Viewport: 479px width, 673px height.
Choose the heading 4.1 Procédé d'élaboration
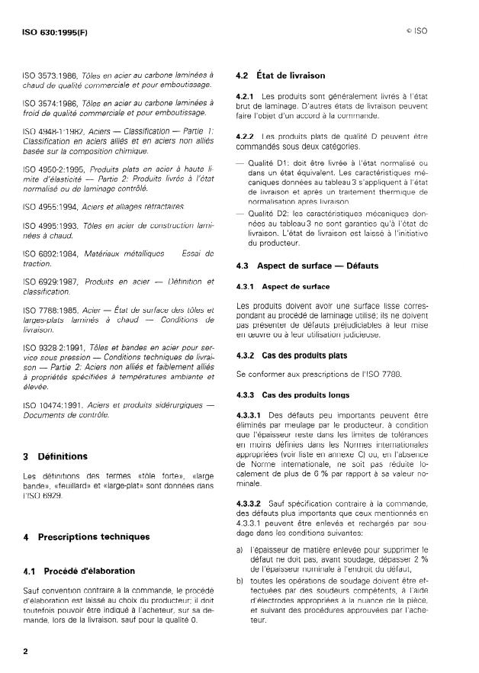pos(79,570)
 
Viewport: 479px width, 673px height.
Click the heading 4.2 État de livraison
pos(280,76)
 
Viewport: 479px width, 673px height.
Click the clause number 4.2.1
pos(245,97)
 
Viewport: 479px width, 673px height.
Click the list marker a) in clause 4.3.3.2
pos(240,549)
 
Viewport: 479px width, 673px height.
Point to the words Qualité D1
pos(268,163)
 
